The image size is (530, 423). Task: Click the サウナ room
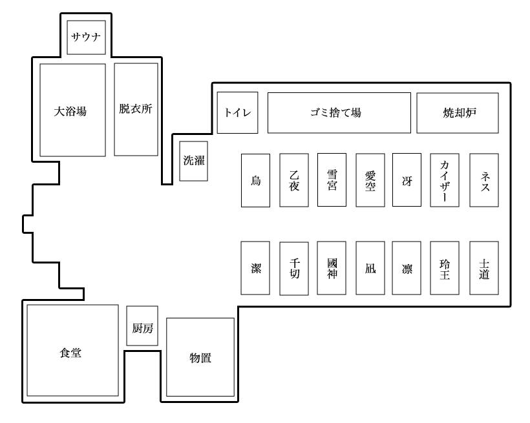click(87, 37)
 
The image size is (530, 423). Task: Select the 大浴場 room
click(72, 110)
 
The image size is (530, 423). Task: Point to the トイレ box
click(237, 113)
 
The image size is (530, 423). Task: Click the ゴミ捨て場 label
click(339, 113)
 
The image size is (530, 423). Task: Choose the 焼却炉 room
click(457, 113)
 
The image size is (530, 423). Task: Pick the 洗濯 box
click(193, 161)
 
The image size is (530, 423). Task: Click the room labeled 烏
click(255, 180)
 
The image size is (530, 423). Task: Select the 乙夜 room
click(293, 180)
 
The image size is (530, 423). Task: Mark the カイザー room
click(445, 180)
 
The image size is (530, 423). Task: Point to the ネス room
click(483, 180)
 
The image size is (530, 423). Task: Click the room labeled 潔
click(255, 268)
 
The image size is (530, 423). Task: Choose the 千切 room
click(293, 269)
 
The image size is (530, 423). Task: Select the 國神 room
click(332, 268)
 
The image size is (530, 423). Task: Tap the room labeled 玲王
click(445, 268)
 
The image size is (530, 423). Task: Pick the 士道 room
click(483, 268)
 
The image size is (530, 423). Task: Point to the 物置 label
click(200, 357)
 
